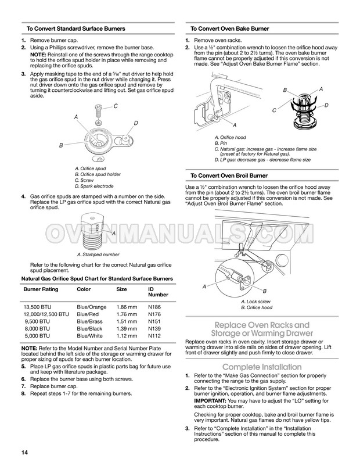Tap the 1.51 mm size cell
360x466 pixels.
[127, 320]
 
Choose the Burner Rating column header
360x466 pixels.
[43, 289]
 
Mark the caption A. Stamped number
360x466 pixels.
[98, 254]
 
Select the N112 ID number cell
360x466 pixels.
[154, 335]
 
